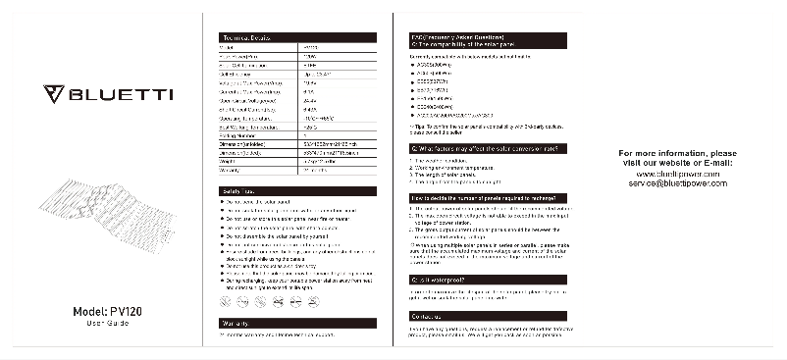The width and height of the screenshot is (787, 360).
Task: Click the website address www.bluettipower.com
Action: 678,174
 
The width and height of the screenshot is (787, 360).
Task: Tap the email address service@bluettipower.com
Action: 677,183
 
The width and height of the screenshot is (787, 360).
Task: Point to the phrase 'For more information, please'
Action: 677,154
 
